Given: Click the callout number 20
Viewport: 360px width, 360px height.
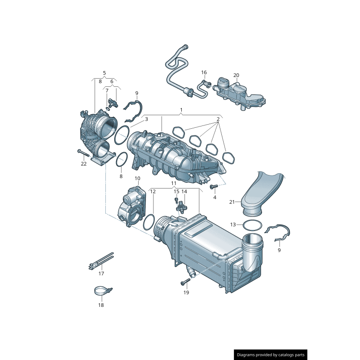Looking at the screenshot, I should click(236, 75).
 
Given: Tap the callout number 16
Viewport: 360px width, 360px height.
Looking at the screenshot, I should click(204, 72).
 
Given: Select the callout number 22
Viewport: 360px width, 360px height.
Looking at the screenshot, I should click(84, 164).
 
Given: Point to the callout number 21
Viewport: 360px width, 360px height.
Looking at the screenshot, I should click(232, 202).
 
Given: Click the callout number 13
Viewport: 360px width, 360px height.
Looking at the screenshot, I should click(233, 224).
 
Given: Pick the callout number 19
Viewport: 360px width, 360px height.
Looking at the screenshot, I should click(186, 292).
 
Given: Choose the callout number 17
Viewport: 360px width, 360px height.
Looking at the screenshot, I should click(101, 274).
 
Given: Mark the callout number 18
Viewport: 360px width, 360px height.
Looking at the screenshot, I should click(101, 305).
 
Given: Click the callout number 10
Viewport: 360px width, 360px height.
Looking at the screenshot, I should click(138, 179).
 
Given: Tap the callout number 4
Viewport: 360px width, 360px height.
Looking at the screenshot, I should click(215, 197).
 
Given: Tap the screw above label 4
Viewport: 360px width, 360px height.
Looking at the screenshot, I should click(214, 186).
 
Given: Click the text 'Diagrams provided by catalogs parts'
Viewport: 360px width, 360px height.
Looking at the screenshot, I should click(271, 355).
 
